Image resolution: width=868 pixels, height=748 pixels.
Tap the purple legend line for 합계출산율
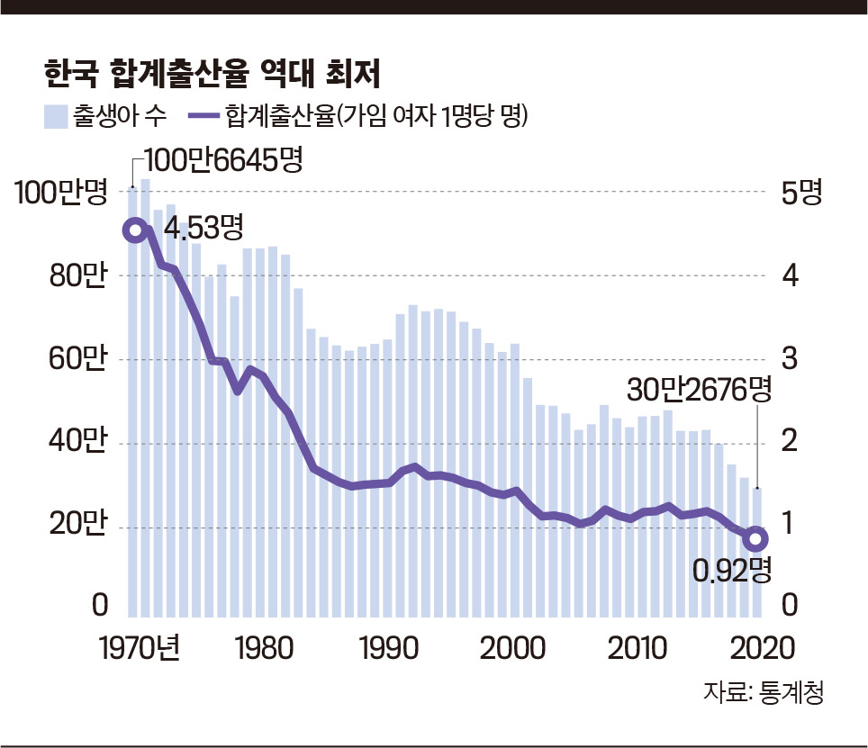click(x=204, y=117)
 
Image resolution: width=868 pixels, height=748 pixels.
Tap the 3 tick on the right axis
click(x=789, y=358)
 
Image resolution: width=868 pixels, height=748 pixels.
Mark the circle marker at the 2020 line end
click(x=756, y=539)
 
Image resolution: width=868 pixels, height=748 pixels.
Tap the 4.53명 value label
click(x=204, y=228)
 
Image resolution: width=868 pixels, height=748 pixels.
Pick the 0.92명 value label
click(x=733, y=569)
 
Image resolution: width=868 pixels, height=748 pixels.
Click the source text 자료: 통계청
click(x=764, y=694)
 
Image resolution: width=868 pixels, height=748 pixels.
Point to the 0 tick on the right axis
click(x=789, y=608)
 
